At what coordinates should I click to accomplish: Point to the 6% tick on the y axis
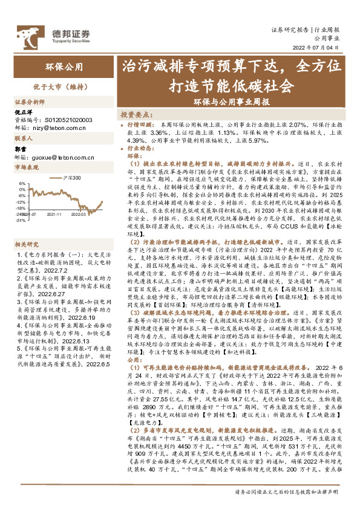pyautogui.click(x=22, y=183)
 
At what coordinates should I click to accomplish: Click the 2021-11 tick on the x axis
pyautogui.click(x=54, y=213)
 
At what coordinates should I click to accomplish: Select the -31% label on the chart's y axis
pyautogui.click(x=20, y=221)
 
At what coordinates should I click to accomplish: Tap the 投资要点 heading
pyautogui.click(x=136, y=114)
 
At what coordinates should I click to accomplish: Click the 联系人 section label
pyautogui.click(x=24, y=138)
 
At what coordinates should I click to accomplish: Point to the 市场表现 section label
pyautogui.click(x=26, y=167)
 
